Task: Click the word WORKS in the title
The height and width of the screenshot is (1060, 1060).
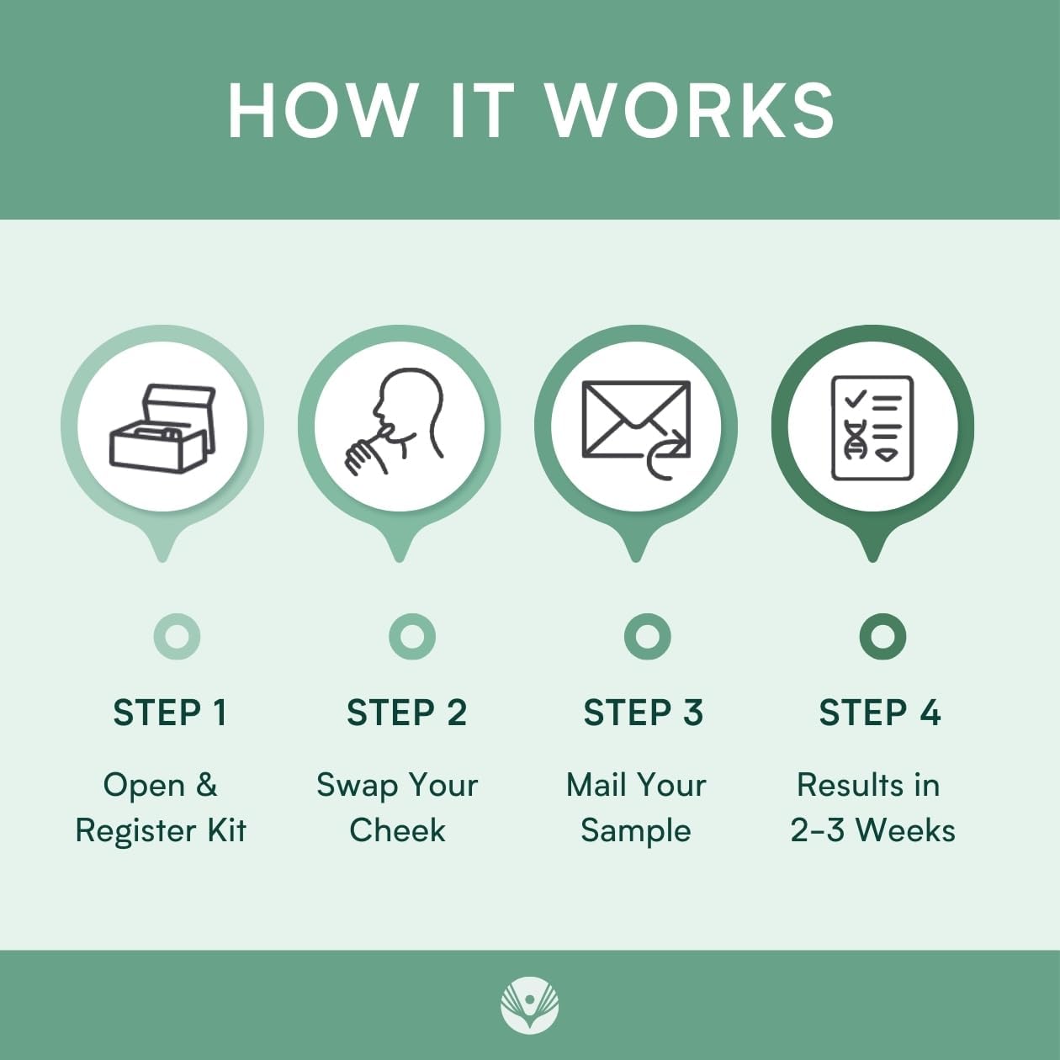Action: pyautogui.click(x=691, y=110)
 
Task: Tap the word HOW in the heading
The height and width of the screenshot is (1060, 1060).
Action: pyautogui.click(x=322, y=110)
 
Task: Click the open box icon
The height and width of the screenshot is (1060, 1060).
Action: pyautogui.click(x=163, y=428)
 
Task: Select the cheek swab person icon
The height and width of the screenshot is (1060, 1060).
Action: pyautogui.click(x=394, y=421)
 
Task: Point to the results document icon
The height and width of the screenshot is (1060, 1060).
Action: pyautogui.click(x=872, y=428)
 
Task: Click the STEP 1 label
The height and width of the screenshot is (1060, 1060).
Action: pyautogui.click(x=170, y=713)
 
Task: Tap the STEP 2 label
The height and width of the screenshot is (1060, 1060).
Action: pyautogui.click(x=406, y=713)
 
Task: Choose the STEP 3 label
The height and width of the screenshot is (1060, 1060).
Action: pyautogui.click(x=643, y=713)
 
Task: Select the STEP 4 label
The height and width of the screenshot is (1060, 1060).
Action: pyautogui.click(x=880, y=713)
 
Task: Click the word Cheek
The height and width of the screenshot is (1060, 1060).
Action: pyautogui.click(x=397, y=830)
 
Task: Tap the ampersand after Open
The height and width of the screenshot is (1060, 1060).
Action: pyautogui.click(x=206, y=785)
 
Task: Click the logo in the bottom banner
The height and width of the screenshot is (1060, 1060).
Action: pyautogui.click(x=530, y=1004)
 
